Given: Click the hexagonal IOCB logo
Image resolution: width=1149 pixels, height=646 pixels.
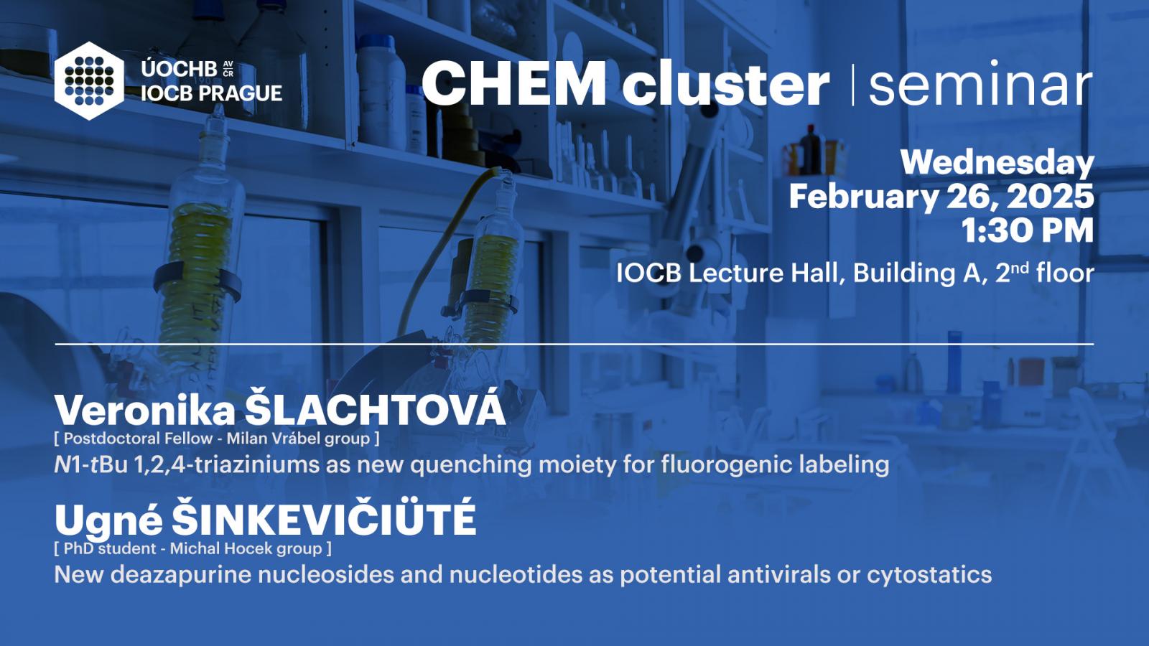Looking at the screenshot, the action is (89, 81).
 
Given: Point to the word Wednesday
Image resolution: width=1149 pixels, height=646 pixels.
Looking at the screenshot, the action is (997, 162).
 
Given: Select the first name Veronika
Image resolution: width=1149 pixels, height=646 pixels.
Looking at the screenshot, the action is (145, 411).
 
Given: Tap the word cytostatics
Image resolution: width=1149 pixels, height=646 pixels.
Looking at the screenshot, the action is (929, 575).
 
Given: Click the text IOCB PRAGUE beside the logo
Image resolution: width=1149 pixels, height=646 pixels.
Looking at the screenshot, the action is (211, 93).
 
